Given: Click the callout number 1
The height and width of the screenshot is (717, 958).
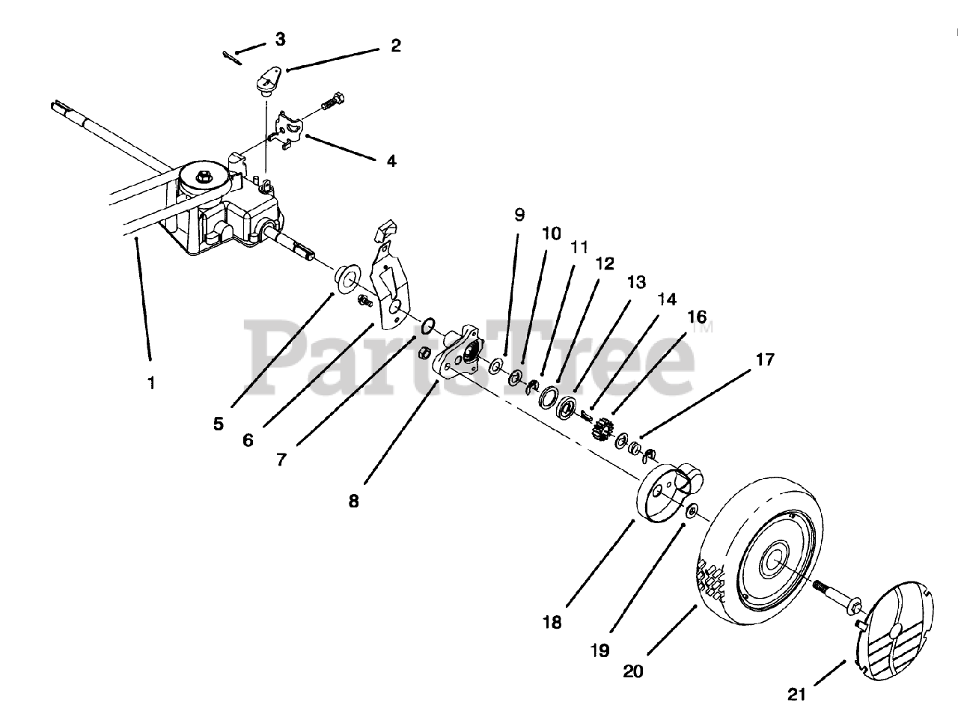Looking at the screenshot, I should pos(151,382).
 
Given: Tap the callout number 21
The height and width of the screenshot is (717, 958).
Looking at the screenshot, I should pos(796,695).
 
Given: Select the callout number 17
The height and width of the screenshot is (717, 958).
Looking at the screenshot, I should pos(764,360).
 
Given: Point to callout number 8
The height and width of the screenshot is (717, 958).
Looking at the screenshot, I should pos(353,501).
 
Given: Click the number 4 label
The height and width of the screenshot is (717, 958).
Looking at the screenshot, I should pos(391,161).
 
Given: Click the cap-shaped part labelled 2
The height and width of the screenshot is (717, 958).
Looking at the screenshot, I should pos(265,80).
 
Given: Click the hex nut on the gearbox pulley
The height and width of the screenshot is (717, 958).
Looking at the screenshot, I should pos(204,177).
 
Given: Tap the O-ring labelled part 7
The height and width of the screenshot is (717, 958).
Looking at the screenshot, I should pos(429,326).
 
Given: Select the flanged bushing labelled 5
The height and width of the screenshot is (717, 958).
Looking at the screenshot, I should pos(346,278).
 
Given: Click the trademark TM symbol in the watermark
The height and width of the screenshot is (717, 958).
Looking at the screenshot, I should pos(701,328).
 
